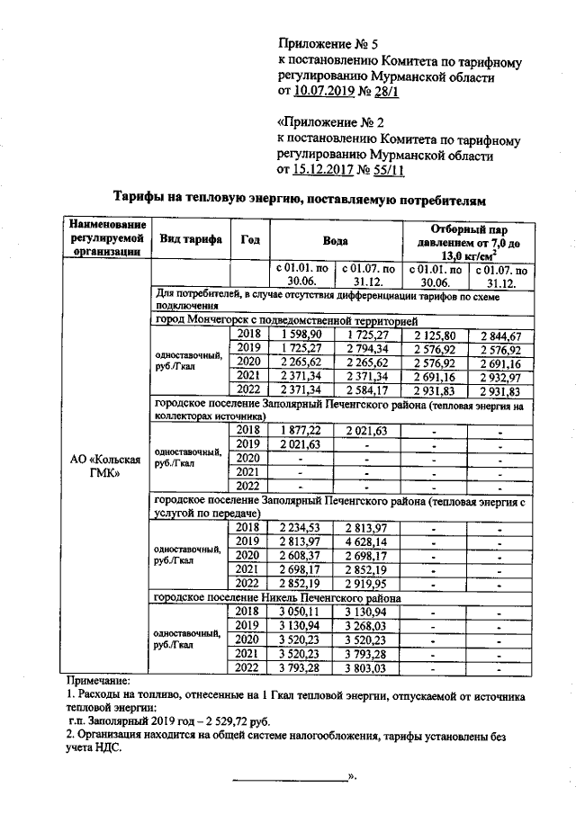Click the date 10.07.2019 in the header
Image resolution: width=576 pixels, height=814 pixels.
(325, 92)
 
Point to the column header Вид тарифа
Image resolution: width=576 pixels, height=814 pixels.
(191, 238)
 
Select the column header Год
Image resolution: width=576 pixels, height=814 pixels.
(250, 238)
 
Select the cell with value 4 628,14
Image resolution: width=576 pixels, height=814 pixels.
(365, 542)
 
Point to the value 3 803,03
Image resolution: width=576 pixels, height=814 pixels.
(365, 668)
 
